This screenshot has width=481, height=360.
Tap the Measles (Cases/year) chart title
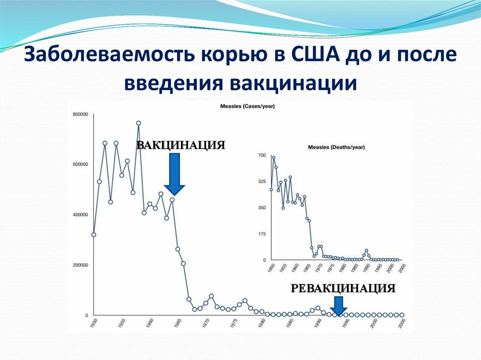pos(248,107)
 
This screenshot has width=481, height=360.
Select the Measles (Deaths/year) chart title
pos(336,147)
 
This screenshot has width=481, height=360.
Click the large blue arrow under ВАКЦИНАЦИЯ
pos(174,174)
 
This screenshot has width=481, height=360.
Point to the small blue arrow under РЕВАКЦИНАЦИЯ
pos(339,306)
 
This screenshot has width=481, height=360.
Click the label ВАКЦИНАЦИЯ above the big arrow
pos(181,145)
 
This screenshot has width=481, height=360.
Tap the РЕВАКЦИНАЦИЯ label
pos(343,288)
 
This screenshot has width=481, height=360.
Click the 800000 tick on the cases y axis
pos(80,115)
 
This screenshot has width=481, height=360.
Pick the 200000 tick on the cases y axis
pos(80,265)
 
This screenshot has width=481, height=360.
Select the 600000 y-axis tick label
pos(80,164)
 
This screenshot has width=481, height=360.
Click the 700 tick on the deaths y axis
pos(262,155)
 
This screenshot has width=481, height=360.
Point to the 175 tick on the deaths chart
pos(262,234)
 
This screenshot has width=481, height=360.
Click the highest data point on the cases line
pos(139,123)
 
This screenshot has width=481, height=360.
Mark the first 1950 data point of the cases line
pos(94,235)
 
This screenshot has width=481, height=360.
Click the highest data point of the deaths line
pos(274,158)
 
